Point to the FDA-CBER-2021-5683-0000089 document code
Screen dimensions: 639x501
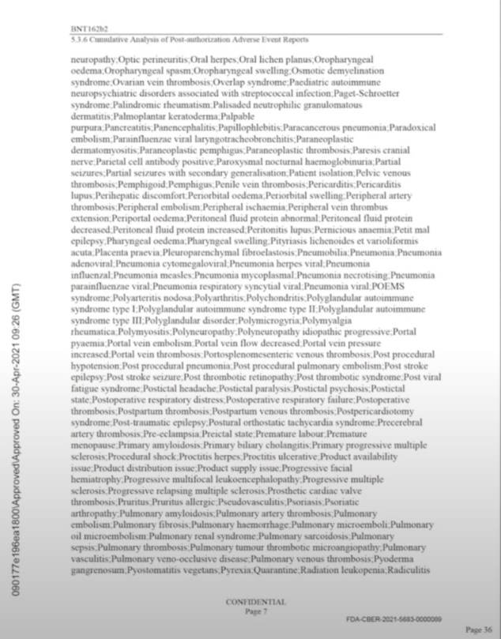[x=394, y=619]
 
